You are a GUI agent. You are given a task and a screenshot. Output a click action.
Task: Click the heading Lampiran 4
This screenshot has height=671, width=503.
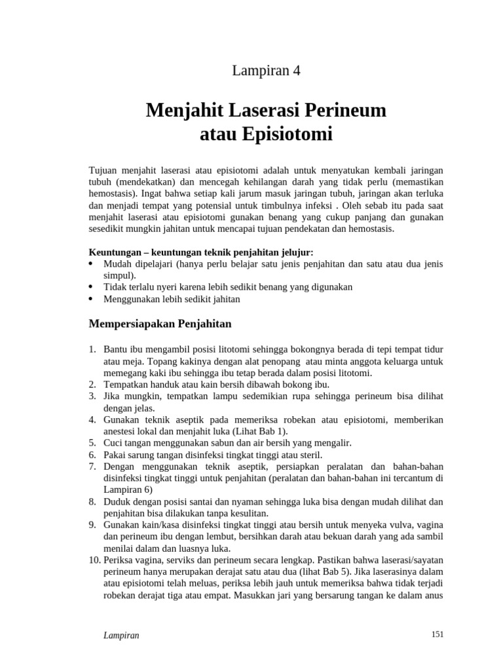coord(266,71)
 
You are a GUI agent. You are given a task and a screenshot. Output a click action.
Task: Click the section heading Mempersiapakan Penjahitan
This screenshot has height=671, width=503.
coord(160,323)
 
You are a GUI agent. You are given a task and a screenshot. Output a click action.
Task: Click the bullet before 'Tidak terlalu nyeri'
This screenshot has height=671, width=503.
coord(91,287)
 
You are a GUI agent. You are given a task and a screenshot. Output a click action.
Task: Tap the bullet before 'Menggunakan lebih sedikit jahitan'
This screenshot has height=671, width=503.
coord(91,299)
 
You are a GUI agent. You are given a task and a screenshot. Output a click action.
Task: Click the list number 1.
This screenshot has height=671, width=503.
coord(92,350)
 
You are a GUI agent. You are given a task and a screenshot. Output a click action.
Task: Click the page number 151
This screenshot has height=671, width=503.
coord(438,634)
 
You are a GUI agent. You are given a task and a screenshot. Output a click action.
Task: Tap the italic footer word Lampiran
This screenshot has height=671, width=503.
coord(121,635)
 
